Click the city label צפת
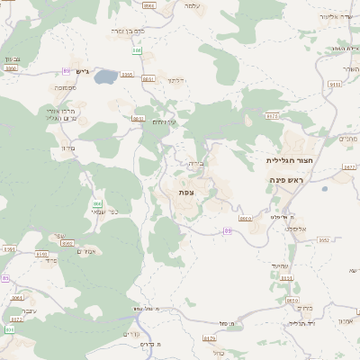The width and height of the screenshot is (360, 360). coord(186,192)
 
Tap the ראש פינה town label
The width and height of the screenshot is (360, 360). coord(289,181)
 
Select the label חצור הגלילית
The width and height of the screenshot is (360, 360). coord(289,160)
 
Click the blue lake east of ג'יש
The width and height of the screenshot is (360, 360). coord(106,76)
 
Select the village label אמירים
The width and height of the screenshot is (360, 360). coord(86,251)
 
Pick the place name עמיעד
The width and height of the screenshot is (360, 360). coord(278,267)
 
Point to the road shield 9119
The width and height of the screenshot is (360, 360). coord(335,84)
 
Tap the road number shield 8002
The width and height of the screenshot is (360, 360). coord(67,243)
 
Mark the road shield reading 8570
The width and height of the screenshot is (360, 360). coord(273,116)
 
